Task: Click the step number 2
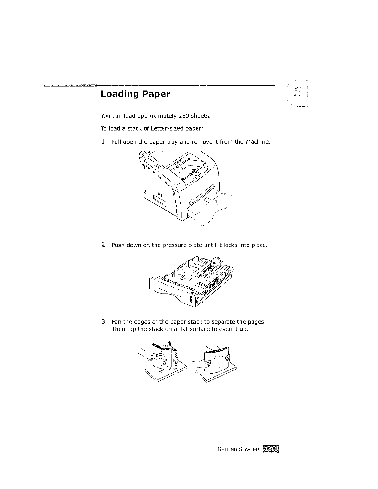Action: coord(103,245)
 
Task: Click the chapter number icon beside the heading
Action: coord(298,93)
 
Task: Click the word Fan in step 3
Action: coord(116,322)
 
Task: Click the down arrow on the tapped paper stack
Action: coord(219,366)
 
